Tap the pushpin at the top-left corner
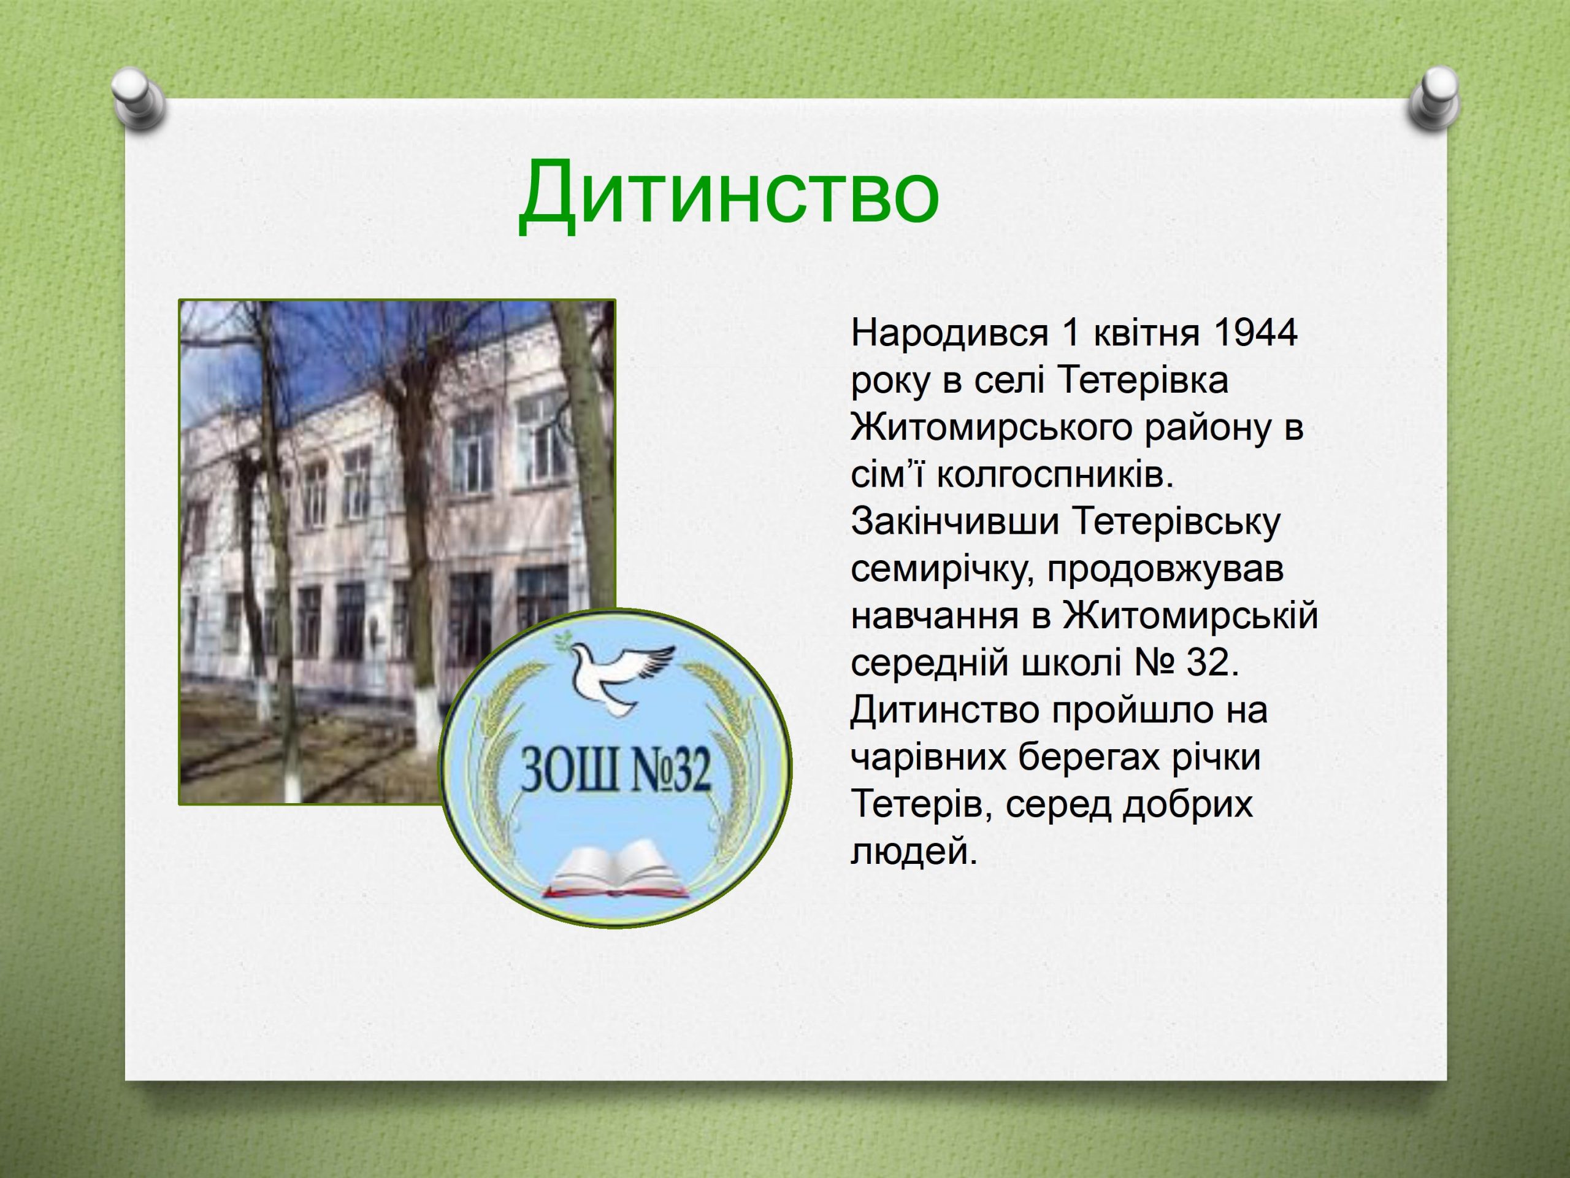click(139, 101)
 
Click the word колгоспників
click(1052, 475)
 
